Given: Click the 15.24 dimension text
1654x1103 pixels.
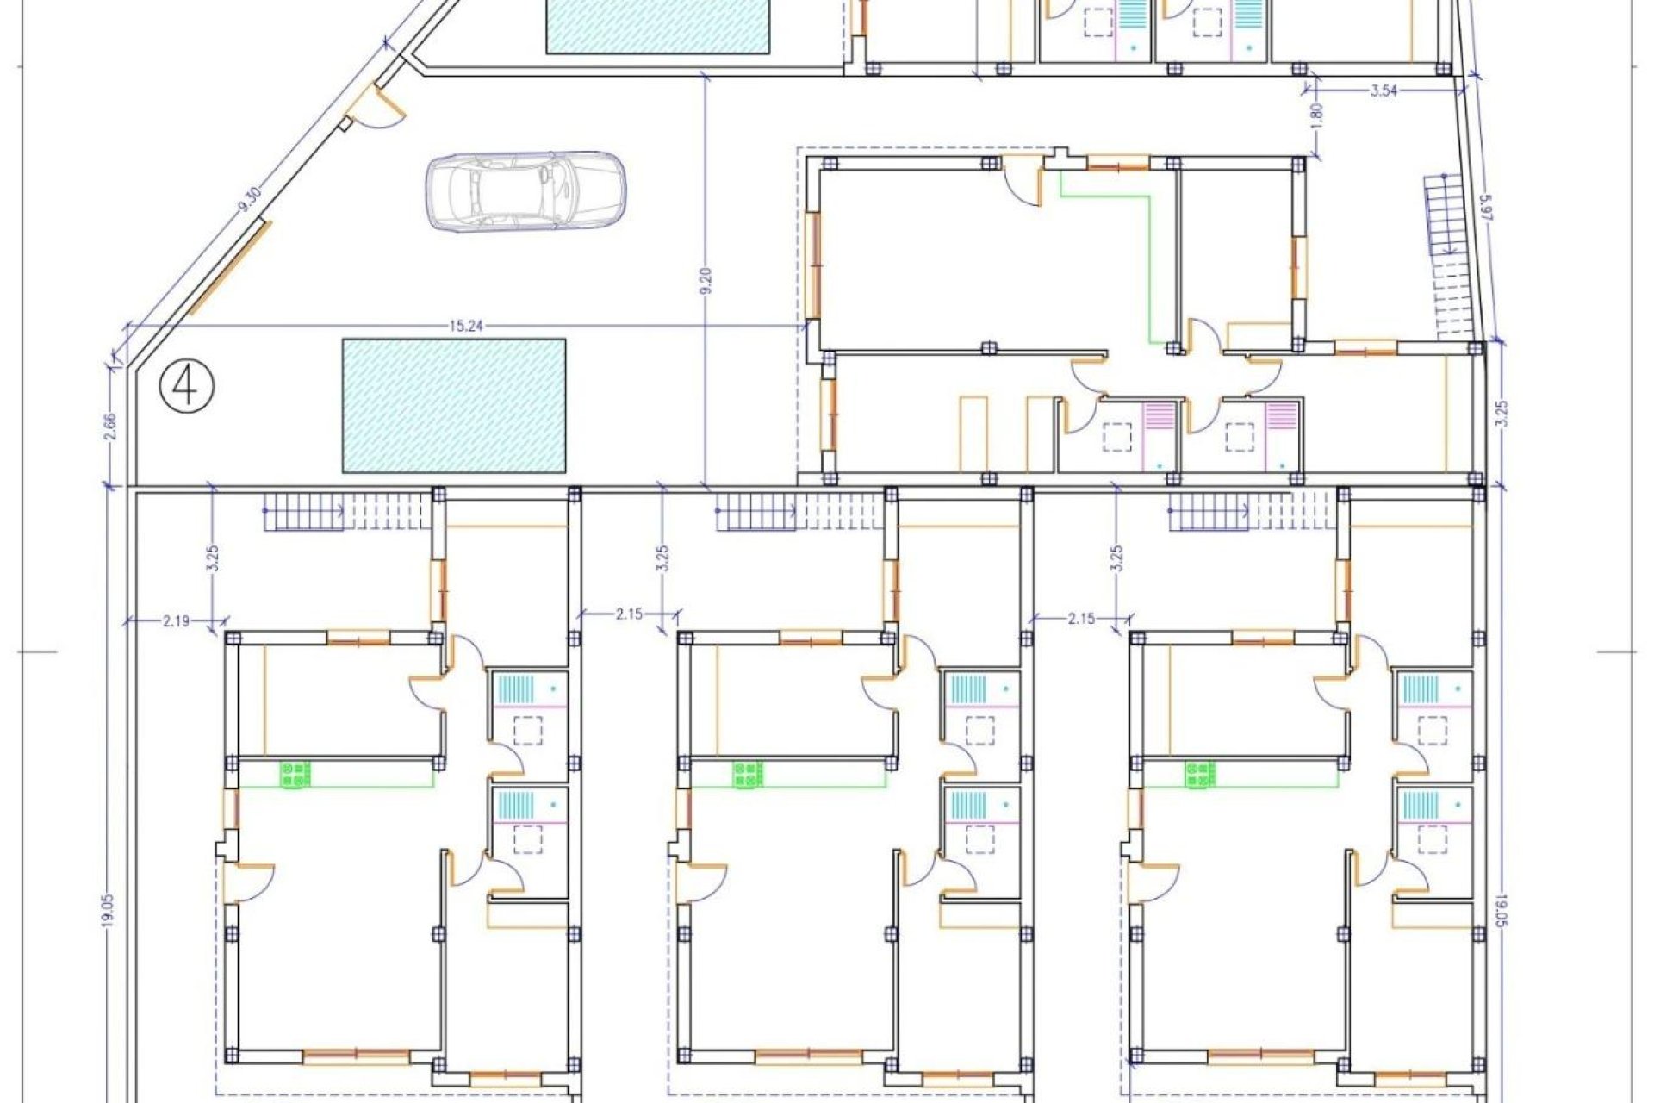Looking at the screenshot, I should coord(465,326).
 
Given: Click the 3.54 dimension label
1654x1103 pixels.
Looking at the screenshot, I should coord(1384,90).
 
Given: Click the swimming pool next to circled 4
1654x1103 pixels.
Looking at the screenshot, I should coord(454,405).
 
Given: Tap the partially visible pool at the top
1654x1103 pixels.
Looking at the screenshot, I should coord(658,26).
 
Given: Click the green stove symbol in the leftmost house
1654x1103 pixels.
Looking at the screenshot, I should coord(295,774).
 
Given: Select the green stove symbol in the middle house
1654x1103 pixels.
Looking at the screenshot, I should coord(748,774).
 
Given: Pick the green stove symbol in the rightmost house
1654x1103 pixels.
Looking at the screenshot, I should coord(1200,774).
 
